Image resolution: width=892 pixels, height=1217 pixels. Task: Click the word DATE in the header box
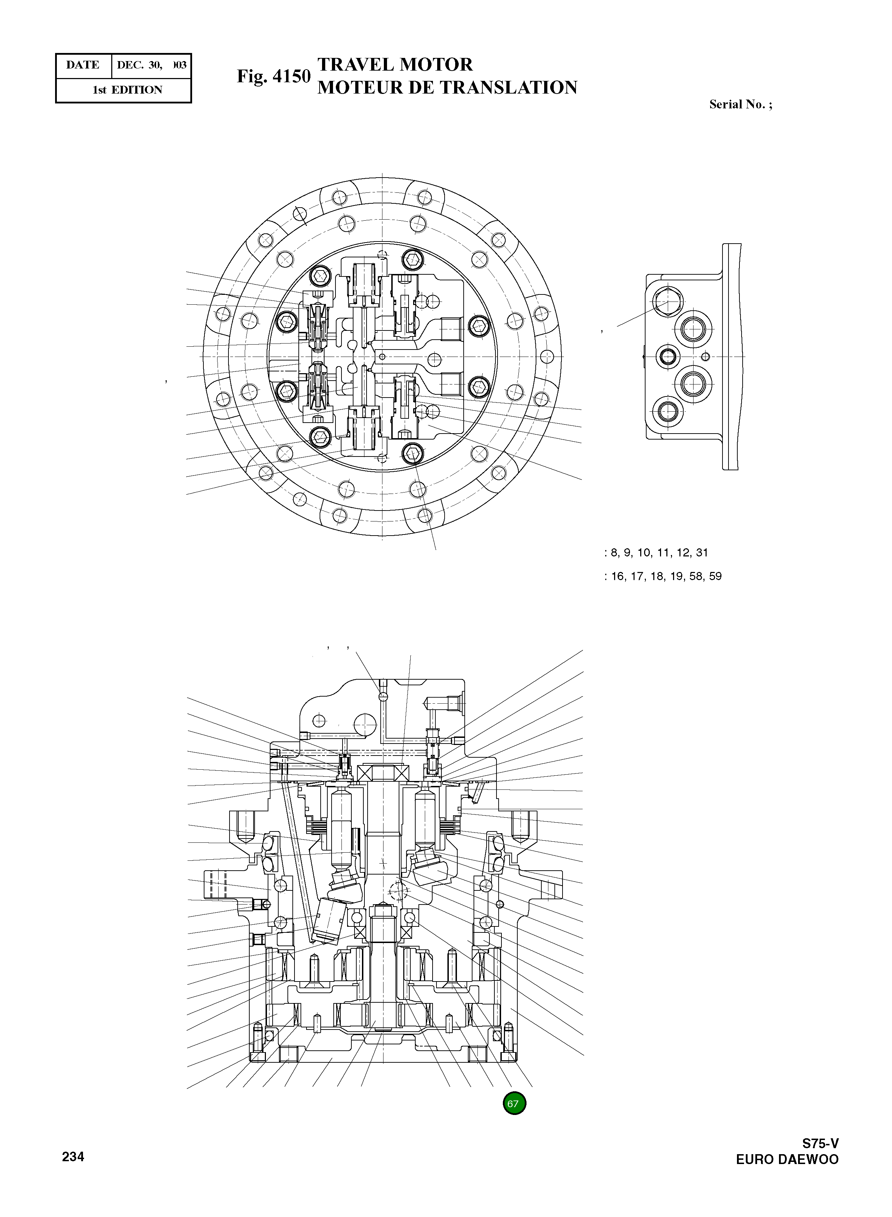pos(83,65)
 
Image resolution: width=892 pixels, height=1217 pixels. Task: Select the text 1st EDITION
pos(127,90)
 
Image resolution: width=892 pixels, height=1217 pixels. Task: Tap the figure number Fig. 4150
pos(274,76)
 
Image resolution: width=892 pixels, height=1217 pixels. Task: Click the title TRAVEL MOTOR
pos(395,65)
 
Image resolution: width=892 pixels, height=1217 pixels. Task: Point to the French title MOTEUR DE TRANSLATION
pos(447,88)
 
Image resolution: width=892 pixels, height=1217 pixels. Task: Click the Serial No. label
pos(740,105)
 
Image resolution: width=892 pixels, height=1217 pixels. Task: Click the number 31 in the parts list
pos(702,553)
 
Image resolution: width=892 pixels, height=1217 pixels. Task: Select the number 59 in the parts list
pos(715,577)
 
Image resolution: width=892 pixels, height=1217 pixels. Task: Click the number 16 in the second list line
pos(617,577)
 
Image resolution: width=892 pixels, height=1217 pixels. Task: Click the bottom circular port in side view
pos(668,412)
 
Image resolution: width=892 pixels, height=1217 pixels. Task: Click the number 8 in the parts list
pos(614,553)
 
